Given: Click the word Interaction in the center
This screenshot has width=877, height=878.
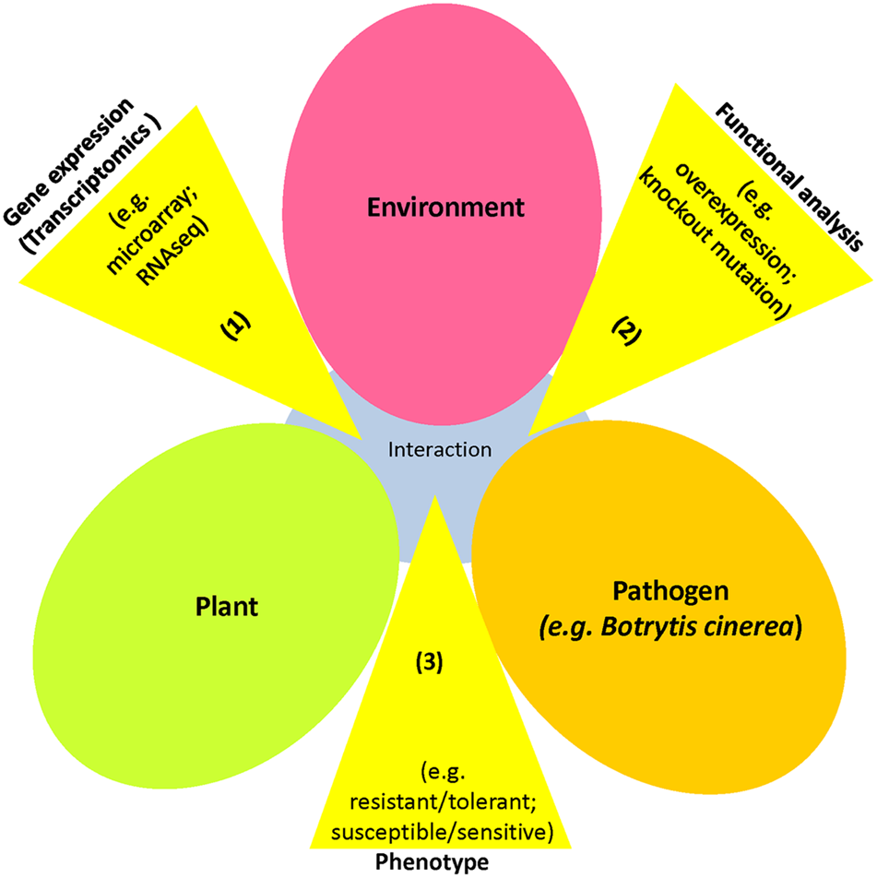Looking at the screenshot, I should (440, 450).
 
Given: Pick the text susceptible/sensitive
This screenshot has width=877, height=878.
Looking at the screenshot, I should (433, 832).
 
